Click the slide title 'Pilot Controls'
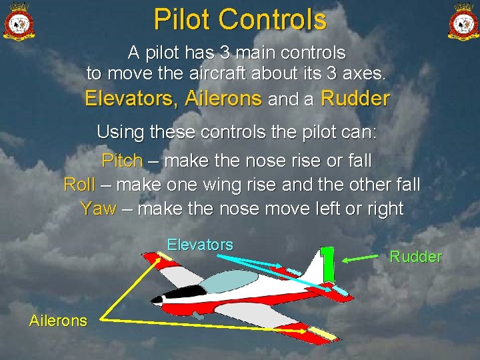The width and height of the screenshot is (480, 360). pos(240,19)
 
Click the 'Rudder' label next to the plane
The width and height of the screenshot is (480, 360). pos(415,257)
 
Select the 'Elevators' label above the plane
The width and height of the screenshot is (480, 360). pos(200,245)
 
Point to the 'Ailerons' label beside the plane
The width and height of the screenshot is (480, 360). pos(58,321)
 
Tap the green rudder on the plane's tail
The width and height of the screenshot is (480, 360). pos(327,263)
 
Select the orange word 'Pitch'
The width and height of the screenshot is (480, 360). pos(122,161)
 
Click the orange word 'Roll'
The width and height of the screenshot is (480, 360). pos(79,185)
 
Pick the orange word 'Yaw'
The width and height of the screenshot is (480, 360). pos(97,209)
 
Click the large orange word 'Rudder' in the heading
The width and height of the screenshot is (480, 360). pos(355,99)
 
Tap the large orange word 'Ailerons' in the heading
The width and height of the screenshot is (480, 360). pos(223,99)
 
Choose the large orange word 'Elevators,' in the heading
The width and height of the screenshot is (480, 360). pos(131,99)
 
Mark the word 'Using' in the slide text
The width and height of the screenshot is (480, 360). pos(120,132)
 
